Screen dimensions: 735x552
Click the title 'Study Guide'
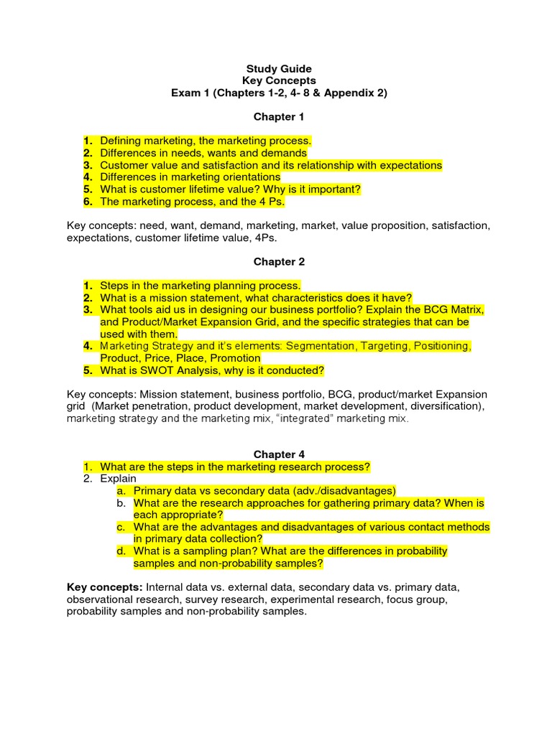point(279,69)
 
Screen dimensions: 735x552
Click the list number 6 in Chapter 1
point(87,202)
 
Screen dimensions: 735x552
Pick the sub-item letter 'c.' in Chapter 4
point(121,527)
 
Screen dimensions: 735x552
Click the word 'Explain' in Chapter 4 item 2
point(118,479)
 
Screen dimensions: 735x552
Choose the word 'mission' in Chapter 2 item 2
point(162,298)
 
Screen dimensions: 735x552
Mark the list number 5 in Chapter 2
point(87,370)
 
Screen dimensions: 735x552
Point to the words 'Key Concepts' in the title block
point(279,81)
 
